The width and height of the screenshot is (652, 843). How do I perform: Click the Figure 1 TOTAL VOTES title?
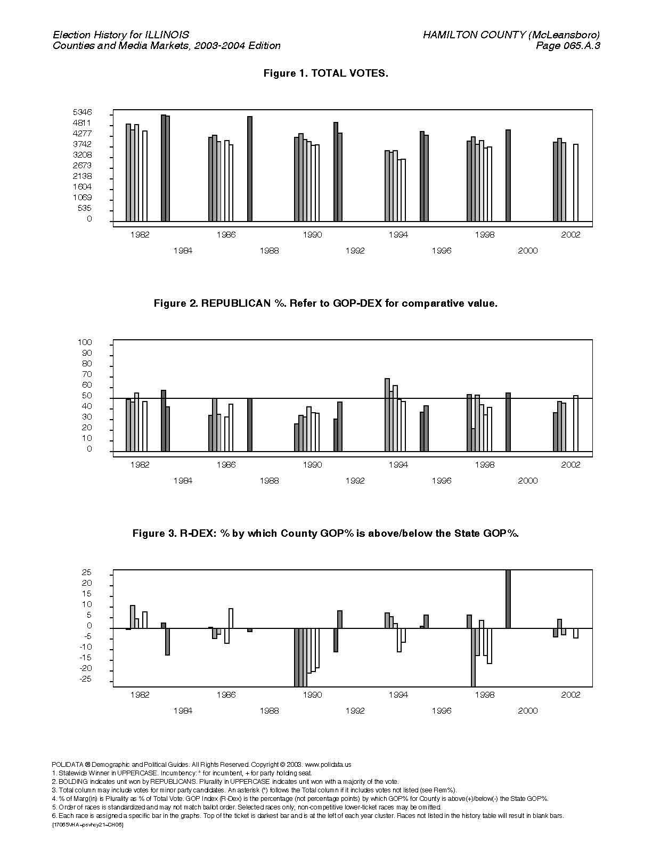(325, 73)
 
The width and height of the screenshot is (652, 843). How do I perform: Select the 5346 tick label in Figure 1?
(82, 112)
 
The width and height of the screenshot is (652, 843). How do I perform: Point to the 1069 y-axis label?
(82, 198)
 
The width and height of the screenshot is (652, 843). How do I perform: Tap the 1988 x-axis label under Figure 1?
(269, 251)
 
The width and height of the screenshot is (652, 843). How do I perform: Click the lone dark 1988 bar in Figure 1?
(250, 169)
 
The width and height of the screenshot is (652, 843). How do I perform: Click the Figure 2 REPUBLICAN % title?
(325, 303)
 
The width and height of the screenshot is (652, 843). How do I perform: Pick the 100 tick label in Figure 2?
(85, 342)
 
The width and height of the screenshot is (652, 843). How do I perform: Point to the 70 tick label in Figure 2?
(86, 374)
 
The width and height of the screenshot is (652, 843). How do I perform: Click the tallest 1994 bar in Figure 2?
(387, 415)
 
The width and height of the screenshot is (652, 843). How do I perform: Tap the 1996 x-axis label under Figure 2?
(442, 481)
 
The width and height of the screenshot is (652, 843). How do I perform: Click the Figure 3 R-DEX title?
(325, 533)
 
